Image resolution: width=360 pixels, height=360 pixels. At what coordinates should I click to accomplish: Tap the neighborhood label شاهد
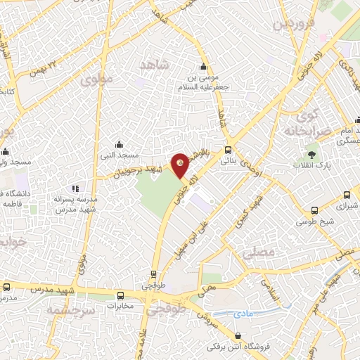[157, 65]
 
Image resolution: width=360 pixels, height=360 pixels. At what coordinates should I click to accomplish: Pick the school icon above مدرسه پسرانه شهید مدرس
[75, 188]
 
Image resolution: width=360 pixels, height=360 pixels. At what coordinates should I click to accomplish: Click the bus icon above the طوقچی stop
[153, 275]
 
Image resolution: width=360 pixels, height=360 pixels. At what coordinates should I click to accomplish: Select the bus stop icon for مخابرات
[121, 296]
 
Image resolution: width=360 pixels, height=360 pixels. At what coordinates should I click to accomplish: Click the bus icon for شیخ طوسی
[314, 210]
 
